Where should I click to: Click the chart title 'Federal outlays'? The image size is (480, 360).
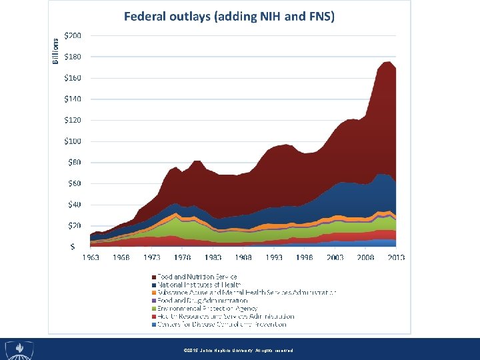point(229,16)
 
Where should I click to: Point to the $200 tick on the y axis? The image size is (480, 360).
point(73,35)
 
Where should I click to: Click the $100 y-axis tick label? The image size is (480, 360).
point(73,141)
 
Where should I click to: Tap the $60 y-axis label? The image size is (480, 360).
point(74,183)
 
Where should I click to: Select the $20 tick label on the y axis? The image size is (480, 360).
point(74,225)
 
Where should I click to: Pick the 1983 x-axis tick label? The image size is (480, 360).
point(213,257)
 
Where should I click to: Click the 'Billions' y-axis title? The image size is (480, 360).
point(56,51)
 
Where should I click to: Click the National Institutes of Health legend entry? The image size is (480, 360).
point(198,284)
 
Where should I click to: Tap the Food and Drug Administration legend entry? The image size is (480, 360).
point(201,301)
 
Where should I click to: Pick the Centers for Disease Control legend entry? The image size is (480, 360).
point(221,325)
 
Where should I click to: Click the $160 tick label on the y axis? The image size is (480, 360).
point(73,78)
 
